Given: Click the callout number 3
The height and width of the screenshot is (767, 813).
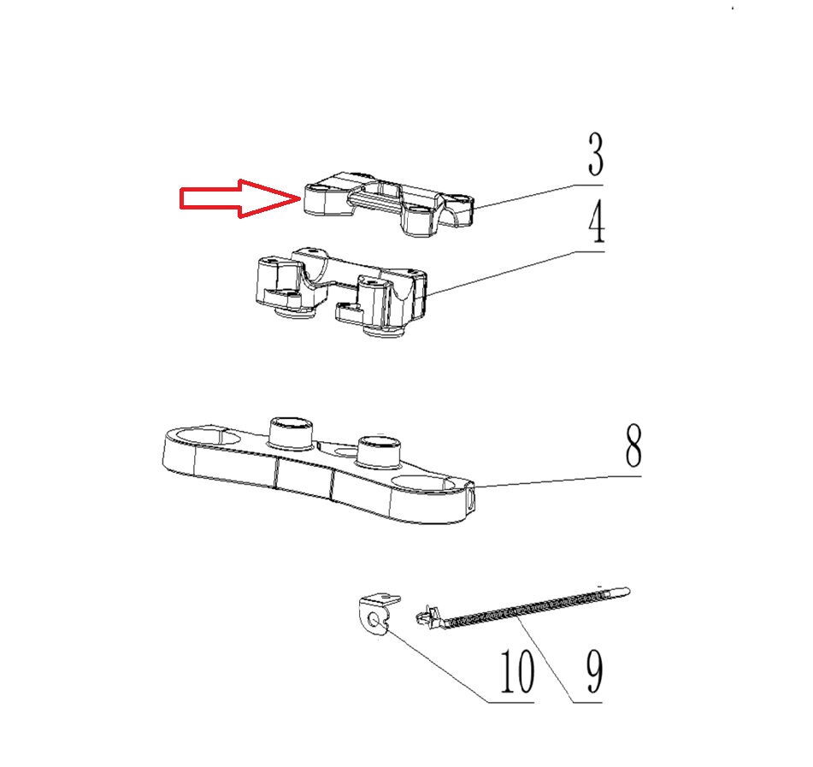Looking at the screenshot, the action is [x=596, y=154].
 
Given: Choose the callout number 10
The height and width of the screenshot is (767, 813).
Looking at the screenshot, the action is [x=516, y=671].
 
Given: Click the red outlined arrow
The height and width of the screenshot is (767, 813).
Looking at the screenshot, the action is [x=240, y=198].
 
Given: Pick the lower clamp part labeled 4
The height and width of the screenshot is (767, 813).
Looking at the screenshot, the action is [x=340, y=292].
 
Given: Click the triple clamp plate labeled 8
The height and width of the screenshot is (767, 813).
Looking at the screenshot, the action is [x=318, y=469].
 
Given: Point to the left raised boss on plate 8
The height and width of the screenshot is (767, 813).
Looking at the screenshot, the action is [x=291, y=432].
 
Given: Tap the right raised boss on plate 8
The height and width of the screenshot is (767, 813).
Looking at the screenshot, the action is [x=380, y=450].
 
